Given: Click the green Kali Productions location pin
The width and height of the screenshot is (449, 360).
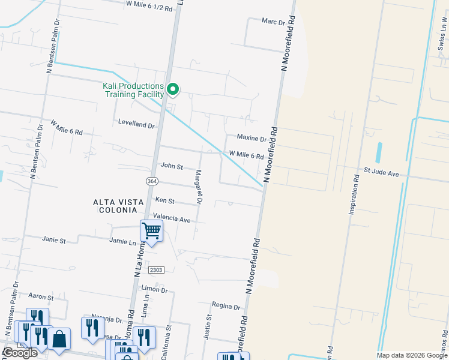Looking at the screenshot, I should pos(173,90).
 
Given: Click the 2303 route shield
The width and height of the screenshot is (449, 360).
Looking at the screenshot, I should pos(155,270).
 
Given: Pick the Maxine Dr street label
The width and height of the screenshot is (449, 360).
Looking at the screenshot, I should pos(251,139).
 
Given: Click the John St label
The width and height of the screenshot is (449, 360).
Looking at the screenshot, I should pos(171,166).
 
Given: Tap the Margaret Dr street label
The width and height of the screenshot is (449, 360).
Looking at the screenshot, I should pos(197,186).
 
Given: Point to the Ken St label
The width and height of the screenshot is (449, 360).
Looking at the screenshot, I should pos(164,200).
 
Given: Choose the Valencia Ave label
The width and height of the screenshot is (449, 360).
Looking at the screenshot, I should pos(172,219).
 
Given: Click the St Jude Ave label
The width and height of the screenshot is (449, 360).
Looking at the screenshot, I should pos(381,173).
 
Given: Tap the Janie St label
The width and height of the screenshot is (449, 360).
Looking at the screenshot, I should pos(53,239).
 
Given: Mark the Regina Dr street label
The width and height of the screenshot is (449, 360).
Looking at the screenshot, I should pos(226,306).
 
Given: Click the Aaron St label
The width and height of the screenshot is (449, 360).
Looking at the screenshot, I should pos(41,296).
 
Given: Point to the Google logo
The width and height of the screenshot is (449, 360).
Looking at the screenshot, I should pos(20,353).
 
